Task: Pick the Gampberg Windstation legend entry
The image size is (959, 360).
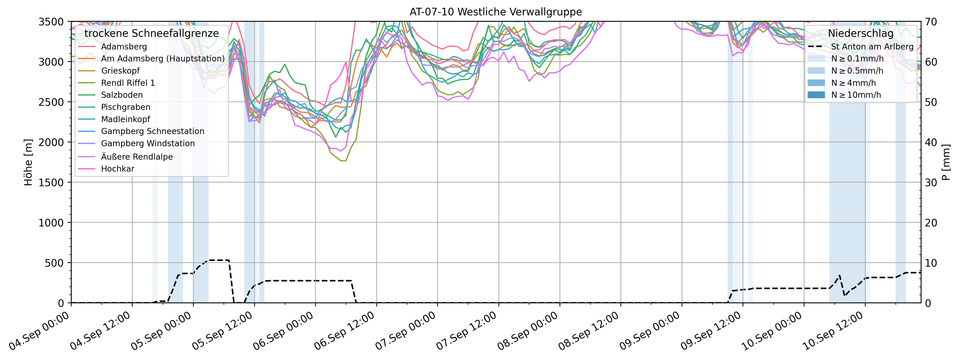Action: pos(148,143)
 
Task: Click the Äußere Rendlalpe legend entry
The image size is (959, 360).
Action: pos(137,157)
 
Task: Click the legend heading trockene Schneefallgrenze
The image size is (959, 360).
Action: pos(152,33)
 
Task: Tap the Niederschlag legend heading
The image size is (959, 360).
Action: pos(860,33)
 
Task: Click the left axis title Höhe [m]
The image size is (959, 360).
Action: pos(28,162)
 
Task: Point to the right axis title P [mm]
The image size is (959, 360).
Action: pos(946,162)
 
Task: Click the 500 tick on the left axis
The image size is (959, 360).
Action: pos(56,263)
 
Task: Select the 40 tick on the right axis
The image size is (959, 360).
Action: pos(931,142)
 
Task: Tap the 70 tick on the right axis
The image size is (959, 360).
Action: pos(931,22)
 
